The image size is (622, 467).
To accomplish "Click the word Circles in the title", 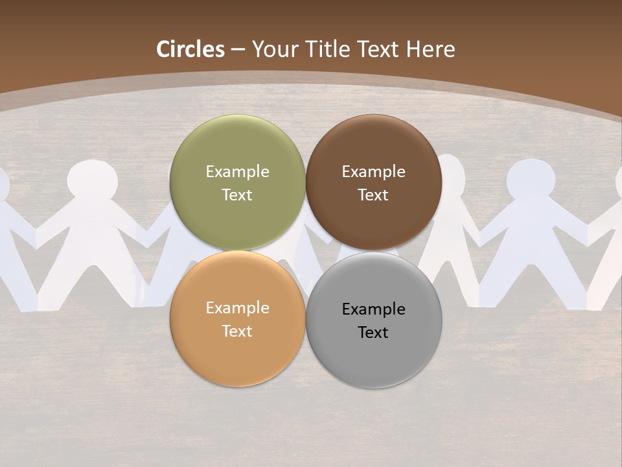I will click(190, 49).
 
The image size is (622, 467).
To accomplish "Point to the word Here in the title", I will click(431, 49).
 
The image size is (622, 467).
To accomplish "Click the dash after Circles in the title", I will click(238, 50).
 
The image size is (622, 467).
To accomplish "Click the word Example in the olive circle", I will click(237, 171).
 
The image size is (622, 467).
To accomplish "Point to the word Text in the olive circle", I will click(237, 195).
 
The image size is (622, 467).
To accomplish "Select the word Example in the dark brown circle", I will click(373, 171).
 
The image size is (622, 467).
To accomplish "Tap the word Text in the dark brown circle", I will click(373, 195).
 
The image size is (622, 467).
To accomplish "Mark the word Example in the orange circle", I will click(237, 307).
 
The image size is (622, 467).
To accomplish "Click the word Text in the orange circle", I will click(237, 331).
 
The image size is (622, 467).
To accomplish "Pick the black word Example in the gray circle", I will click(373, 309).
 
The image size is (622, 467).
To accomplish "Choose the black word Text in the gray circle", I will click(373, 332).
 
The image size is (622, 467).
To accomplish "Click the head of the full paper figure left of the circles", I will click(93, 178).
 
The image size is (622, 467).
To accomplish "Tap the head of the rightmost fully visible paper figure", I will click(531, 178).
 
